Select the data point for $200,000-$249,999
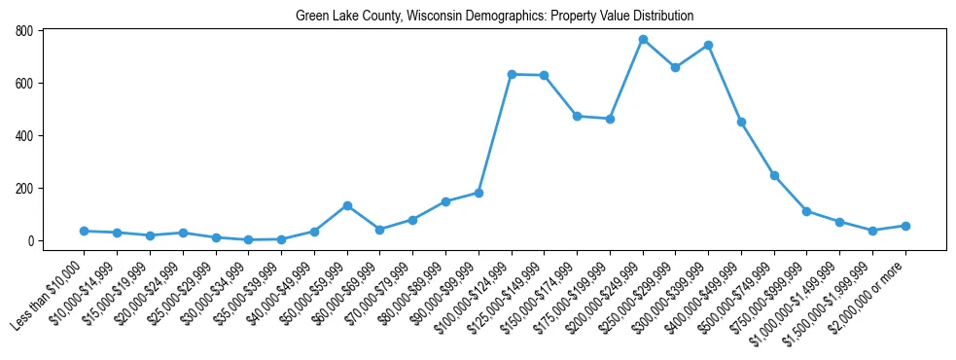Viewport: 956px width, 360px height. (643, 40)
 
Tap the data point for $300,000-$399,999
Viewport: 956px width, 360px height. (709, 46)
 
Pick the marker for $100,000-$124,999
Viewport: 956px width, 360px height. (512, 74)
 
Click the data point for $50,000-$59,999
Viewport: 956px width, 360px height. (347, 205)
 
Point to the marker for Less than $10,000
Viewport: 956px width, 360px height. (85, 231)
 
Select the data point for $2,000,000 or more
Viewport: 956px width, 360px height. (905, 226)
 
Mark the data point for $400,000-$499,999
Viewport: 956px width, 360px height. (741, 122)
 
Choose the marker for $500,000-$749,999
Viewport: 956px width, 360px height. (774, 175)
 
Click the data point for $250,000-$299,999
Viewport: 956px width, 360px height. (676, 67)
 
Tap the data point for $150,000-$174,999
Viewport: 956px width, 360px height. (577, 116)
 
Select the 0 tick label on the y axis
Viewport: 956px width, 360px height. (31, 241)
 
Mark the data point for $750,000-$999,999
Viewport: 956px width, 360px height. (807, 211)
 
